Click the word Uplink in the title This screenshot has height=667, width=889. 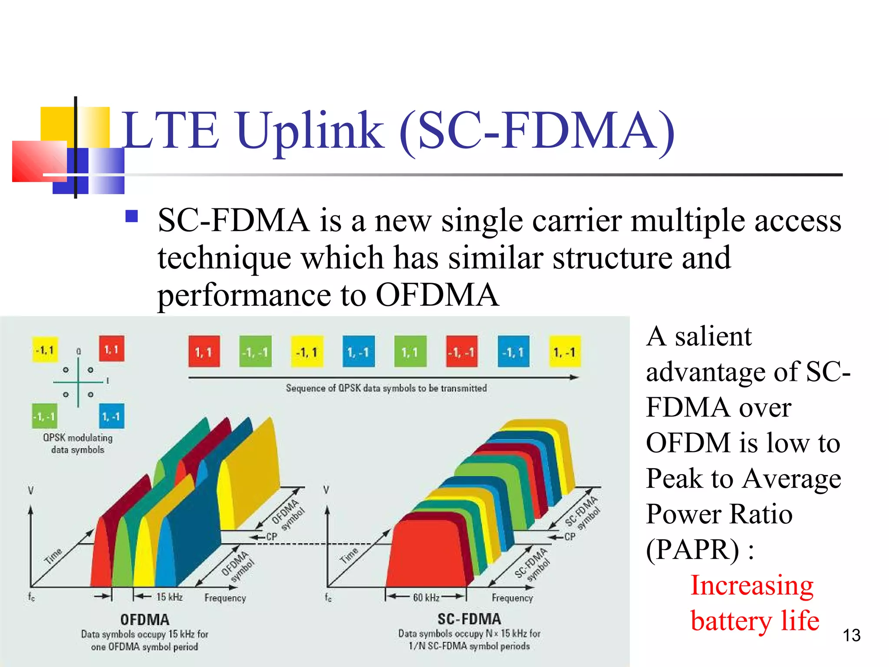(310, 130)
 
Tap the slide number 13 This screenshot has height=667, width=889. (851, 635)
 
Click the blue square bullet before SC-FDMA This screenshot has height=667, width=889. (131, 216)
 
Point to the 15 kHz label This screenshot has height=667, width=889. (169, 597)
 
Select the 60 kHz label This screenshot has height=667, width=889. (426, 598)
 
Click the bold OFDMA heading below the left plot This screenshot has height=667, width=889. (145, 619)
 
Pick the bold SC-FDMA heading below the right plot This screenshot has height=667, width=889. (469, 618)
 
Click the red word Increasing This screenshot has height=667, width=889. (752, 585)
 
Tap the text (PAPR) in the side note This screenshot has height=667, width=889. (692, 550)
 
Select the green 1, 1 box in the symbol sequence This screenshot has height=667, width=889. (410, 352)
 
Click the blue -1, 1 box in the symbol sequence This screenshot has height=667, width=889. (513, 352)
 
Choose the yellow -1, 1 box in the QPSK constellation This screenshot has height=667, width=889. (45, 350)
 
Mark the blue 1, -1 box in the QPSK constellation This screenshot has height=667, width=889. (112, 416)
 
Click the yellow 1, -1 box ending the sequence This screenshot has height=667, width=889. (564, 352)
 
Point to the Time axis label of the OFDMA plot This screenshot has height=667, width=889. (53, 556)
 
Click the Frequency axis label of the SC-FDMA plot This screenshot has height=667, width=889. (512, 598)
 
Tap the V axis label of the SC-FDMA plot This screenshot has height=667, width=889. (326, 490)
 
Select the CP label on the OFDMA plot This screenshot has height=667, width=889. (271, 537)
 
